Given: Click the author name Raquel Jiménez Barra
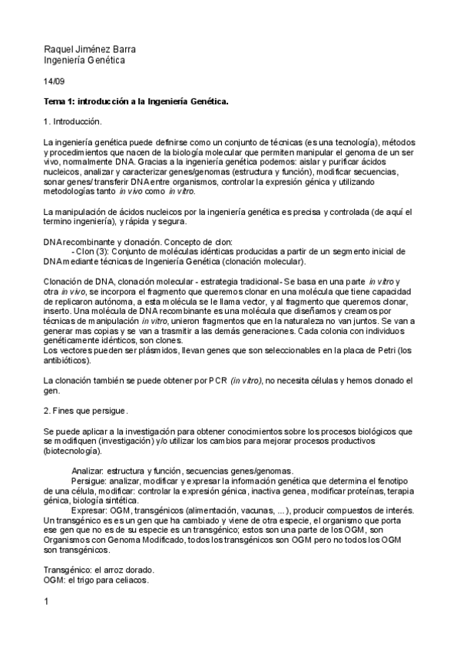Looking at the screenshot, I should pyautogui.click(x=90, y=49).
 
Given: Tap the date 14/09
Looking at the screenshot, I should pyautogui.click(x=55, y=81).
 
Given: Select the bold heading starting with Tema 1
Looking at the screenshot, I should pyautogui.click(x=136, y=101).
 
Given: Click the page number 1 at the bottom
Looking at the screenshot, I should pyautogui.click(x=47, y=601).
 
